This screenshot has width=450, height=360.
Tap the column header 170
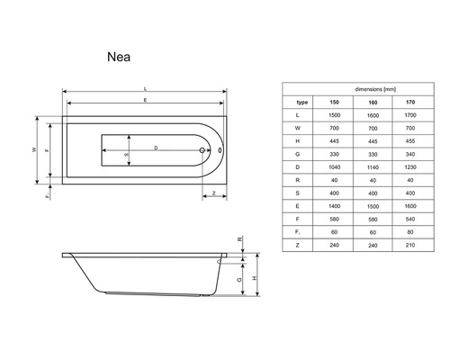[x=411, y=103]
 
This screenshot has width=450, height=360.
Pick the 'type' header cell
[x=302, y=103]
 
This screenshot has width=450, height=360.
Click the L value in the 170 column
[x=411, y=116]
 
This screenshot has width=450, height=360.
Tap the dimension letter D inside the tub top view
[x=157, y=146]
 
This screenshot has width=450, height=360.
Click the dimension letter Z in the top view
[x=214, y=191]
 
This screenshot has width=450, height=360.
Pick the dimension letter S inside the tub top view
[x=126, y=154]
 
